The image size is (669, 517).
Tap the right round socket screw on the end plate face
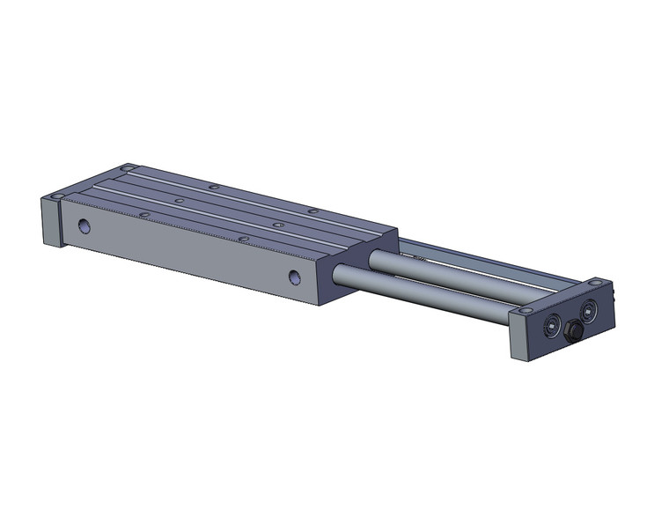(588, 309)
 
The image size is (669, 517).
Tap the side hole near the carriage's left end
(84, 226)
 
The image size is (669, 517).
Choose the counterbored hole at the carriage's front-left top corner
(58, 196)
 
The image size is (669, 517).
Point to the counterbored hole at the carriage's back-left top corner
(127, 167)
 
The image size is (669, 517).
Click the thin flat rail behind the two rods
(493, 265)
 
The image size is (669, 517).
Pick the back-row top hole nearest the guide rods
(312, 211)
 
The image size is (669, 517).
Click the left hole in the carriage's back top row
(213, 187)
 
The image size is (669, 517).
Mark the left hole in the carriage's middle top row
(179, 201)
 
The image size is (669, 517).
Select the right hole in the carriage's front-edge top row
(244, 239)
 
